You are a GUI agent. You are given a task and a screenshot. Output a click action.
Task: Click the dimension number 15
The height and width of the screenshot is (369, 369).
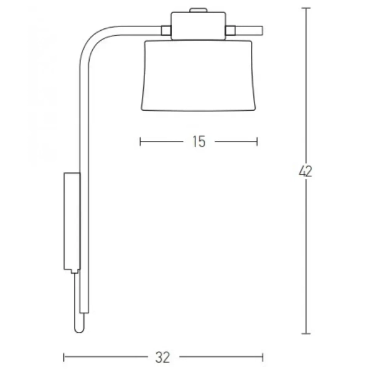point(199,141)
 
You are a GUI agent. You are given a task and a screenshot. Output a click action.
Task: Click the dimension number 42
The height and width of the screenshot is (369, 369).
point(306,171)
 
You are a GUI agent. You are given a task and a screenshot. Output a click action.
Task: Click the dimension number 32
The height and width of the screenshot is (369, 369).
point(162,357)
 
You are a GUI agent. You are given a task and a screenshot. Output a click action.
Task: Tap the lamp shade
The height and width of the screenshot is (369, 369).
point(198,75)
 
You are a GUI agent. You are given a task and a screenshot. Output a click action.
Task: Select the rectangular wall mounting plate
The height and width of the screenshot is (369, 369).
point(72,221)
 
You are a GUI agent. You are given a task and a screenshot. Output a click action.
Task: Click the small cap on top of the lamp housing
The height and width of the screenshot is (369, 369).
point(199,10)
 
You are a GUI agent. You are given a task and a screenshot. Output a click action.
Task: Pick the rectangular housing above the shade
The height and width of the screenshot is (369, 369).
point(199,26)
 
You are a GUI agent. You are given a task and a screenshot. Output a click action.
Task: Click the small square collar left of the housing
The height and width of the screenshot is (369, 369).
point(166,31)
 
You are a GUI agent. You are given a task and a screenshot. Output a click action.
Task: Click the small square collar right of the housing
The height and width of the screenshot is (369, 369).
point(231,31)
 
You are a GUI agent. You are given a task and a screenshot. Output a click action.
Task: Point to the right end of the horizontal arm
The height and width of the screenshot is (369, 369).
point(263,31)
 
